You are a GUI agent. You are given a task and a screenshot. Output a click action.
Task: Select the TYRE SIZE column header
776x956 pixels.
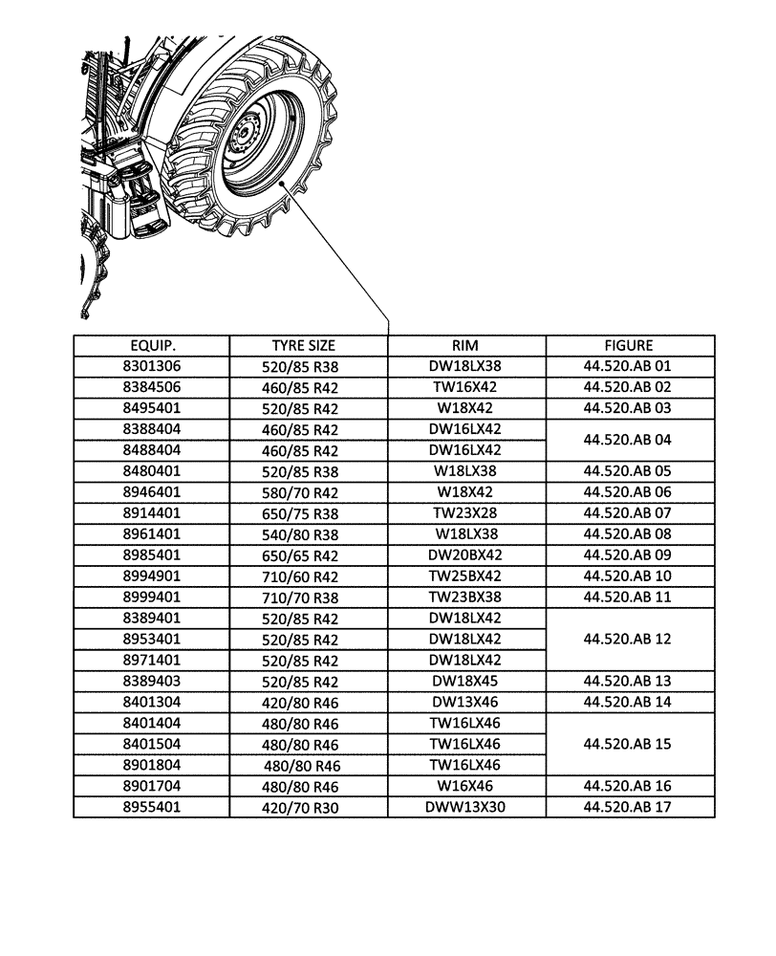tap(303, 346)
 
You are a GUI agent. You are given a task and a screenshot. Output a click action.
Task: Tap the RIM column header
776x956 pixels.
tap(465, 346)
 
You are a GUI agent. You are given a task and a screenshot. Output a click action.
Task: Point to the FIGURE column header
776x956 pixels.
tap(629, 346)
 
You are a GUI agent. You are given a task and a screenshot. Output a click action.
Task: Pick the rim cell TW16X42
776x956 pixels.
tap(465, 387)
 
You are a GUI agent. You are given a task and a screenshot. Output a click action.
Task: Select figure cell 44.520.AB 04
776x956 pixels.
tap(629, 440)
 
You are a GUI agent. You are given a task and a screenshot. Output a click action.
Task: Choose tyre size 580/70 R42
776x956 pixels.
tap(301, 492)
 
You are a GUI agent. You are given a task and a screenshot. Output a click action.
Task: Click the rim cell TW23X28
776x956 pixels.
tap(465, 513)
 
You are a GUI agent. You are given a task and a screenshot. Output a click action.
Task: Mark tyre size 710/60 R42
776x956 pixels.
tap(301, 576)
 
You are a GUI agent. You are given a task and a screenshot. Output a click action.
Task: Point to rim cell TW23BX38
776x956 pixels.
tap(465, 597)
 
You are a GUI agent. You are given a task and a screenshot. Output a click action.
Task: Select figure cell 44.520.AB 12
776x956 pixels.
tap(629, 639)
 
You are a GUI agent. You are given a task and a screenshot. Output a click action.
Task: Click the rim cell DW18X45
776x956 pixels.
tap(465, 681)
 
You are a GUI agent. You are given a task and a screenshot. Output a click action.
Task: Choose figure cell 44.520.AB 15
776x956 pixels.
tap(629, 744)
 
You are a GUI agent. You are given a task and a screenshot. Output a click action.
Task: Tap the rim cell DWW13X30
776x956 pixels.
tap(465, 808)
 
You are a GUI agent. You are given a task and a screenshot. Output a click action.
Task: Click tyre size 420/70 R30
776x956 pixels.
tap(301, 808)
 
